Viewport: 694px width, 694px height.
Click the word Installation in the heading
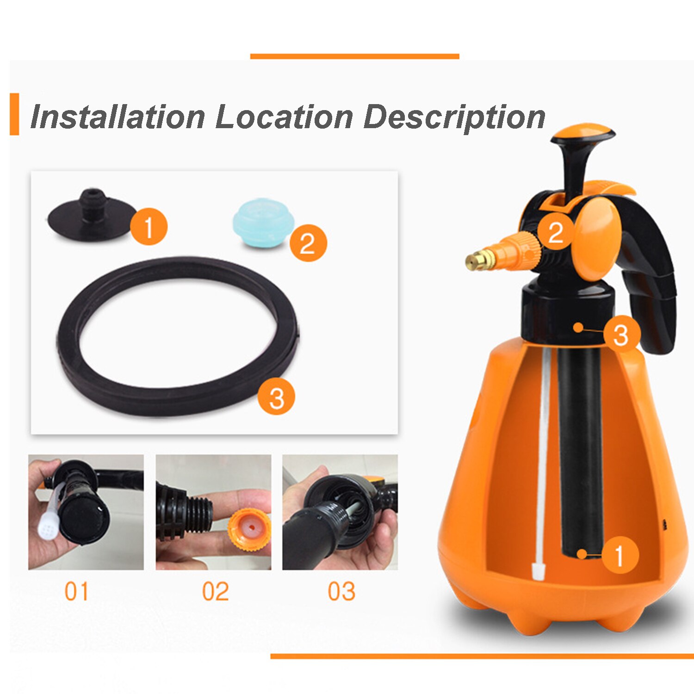118,117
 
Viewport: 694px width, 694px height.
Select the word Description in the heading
454,118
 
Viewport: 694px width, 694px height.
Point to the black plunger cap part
92,215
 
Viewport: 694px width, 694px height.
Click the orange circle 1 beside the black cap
149,227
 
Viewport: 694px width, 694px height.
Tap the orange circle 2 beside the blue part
308,243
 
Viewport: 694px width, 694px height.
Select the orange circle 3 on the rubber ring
276,397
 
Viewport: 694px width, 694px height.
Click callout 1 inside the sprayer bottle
619,555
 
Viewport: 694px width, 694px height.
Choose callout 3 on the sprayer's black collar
621,334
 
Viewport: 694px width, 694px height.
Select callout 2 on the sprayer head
555,232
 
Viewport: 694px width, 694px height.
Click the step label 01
76,592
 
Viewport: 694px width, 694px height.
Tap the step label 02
215,592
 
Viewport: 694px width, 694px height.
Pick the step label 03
341,592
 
